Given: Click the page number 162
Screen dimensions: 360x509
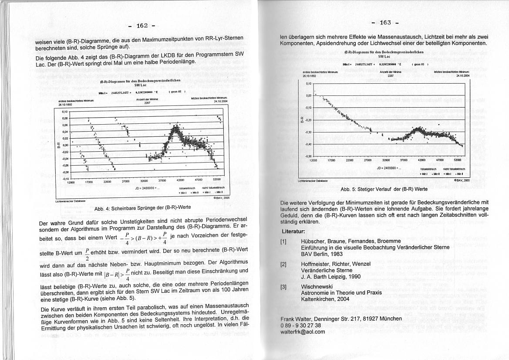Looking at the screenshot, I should (x=142, y=25).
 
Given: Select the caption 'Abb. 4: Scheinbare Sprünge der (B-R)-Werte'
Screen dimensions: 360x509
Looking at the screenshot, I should (x=142, y=207).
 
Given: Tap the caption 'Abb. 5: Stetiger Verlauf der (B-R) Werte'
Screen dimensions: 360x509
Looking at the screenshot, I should (x=384, y=189).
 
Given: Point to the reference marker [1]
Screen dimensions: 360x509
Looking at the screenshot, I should (x=283, y=241).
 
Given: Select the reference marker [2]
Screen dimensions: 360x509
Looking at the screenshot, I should (x=283, y=264).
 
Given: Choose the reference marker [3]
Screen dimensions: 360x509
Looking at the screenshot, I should (x=283, y=287).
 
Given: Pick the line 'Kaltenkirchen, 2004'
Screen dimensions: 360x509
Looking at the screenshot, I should (x=325, y=300).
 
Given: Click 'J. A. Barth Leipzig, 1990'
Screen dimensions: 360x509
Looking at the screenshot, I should (x=330, y=276).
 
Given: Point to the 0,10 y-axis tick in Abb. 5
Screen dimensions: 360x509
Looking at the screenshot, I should (x=309, y=83).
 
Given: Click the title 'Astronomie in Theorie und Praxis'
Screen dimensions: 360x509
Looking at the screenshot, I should (x=341, y=293).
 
